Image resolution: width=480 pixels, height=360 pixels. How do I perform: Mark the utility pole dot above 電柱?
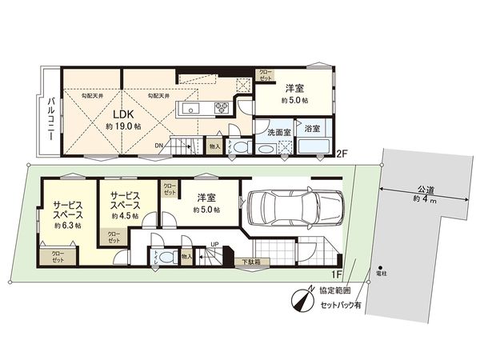pyautogui.click(x=380, y=267)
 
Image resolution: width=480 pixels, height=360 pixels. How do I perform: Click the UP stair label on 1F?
pyautogui.click(x=214, y=246)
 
